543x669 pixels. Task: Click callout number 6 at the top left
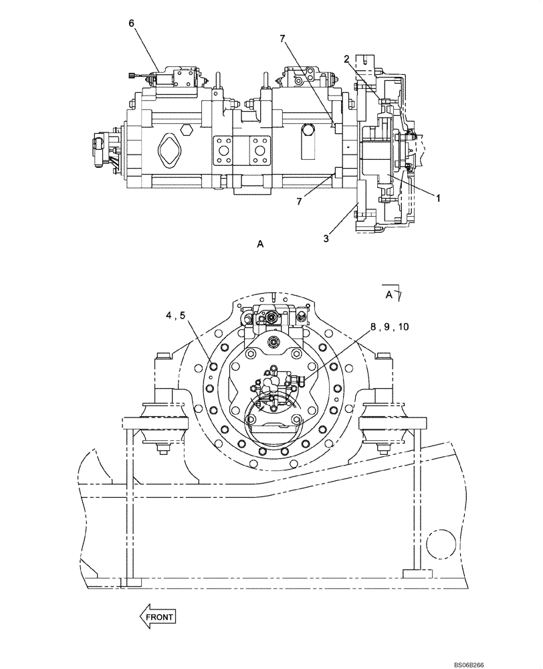pos(132,23)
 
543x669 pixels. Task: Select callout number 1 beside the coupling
pos(438,198)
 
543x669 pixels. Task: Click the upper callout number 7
pos(283,39)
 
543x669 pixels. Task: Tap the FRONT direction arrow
pos(157,616)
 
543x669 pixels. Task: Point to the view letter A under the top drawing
pos(260,246)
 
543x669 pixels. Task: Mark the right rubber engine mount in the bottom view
pos(383,425)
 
